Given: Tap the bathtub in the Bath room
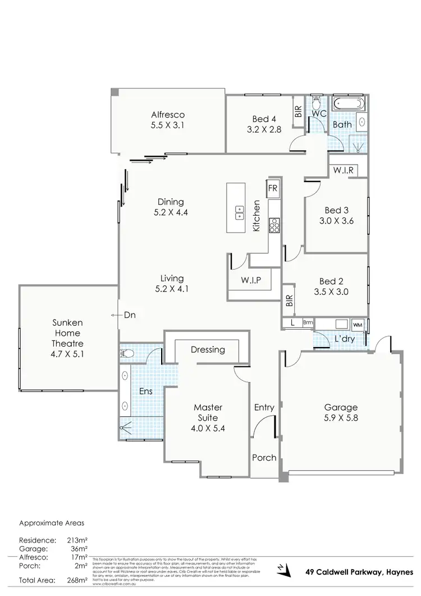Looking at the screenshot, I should click(x=348, y=104).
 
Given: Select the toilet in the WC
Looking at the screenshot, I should click(x=316, y=103).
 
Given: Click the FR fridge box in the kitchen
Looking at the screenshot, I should click(x=274, y=188).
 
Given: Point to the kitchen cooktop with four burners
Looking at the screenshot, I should click(x=274, y=225).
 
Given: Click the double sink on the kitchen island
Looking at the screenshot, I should click(x=240, y=212).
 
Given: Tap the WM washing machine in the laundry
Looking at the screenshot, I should click(x=358, y=325).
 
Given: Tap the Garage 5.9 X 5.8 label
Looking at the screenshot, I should click(x=341, y=413).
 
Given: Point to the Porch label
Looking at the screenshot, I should click(x=263, y=457).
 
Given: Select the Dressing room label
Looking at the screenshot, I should click(x=208, y=349).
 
